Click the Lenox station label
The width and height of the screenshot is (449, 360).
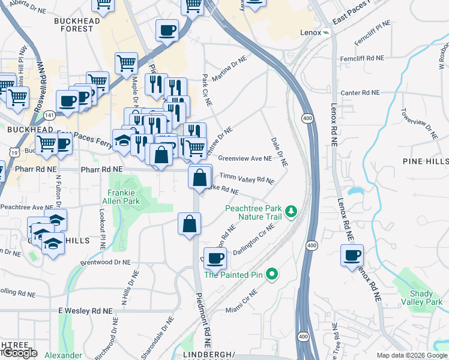click(x=310, y=32)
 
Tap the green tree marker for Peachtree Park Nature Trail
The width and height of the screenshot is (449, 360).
click(x=291, y=211)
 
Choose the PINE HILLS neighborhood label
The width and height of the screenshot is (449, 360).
click(x=426, y=161)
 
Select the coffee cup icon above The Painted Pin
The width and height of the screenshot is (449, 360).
click(x=215, y=258)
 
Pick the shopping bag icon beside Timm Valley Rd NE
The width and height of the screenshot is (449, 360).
click(x=200, y=177)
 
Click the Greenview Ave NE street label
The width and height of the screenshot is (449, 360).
click(x=245, y=159)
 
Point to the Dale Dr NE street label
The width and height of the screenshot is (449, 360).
click(x=280, y=152)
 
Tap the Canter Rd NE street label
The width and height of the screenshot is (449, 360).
click(x=360, y=93)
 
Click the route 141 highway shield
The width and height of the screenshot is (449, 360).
click(x=50, y=115)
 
